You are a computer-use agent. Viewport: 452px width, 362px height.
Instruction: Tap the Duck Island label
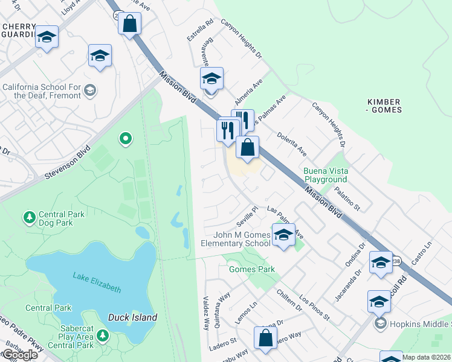coord(132,317)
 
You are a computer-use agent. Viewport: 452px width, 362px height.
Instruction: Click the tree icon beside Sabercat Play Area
coord(103,335)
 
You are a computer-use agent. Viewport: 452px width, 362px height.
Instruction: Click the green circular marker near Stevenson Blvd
coord(126,139)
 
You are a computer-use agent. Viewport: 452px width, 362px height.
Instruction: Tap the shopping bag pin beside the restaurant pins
coord(247,147)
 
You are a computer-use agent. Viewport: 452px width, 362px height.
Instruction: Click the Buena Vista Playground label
coord(325,175)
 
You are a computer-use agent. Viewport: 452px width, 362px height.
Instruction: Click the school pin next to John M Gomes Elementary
coord(282,235)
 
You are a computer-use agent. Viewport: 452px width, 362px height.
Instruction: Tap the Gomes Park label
coord(252,269)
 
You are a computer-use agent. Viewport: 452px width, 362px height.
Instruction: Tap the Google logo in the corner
coord(19,355)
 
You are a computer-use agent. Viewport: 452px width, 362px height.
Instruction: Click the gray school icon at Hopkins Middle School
coord(379,323)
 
